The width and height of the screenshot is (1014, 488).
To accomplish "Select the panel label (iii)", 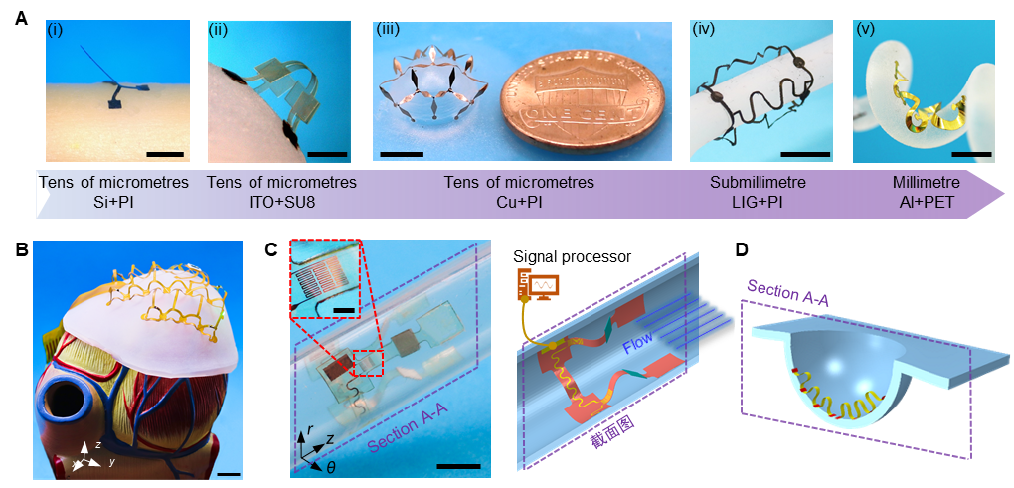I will click(x=390, y=29).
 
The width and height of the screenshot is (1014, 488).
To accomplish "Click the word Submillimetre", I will click(x=757, y=183).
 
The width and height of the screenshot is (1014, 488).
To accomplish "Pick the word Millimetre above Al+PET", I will click(x=925, y=183).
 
